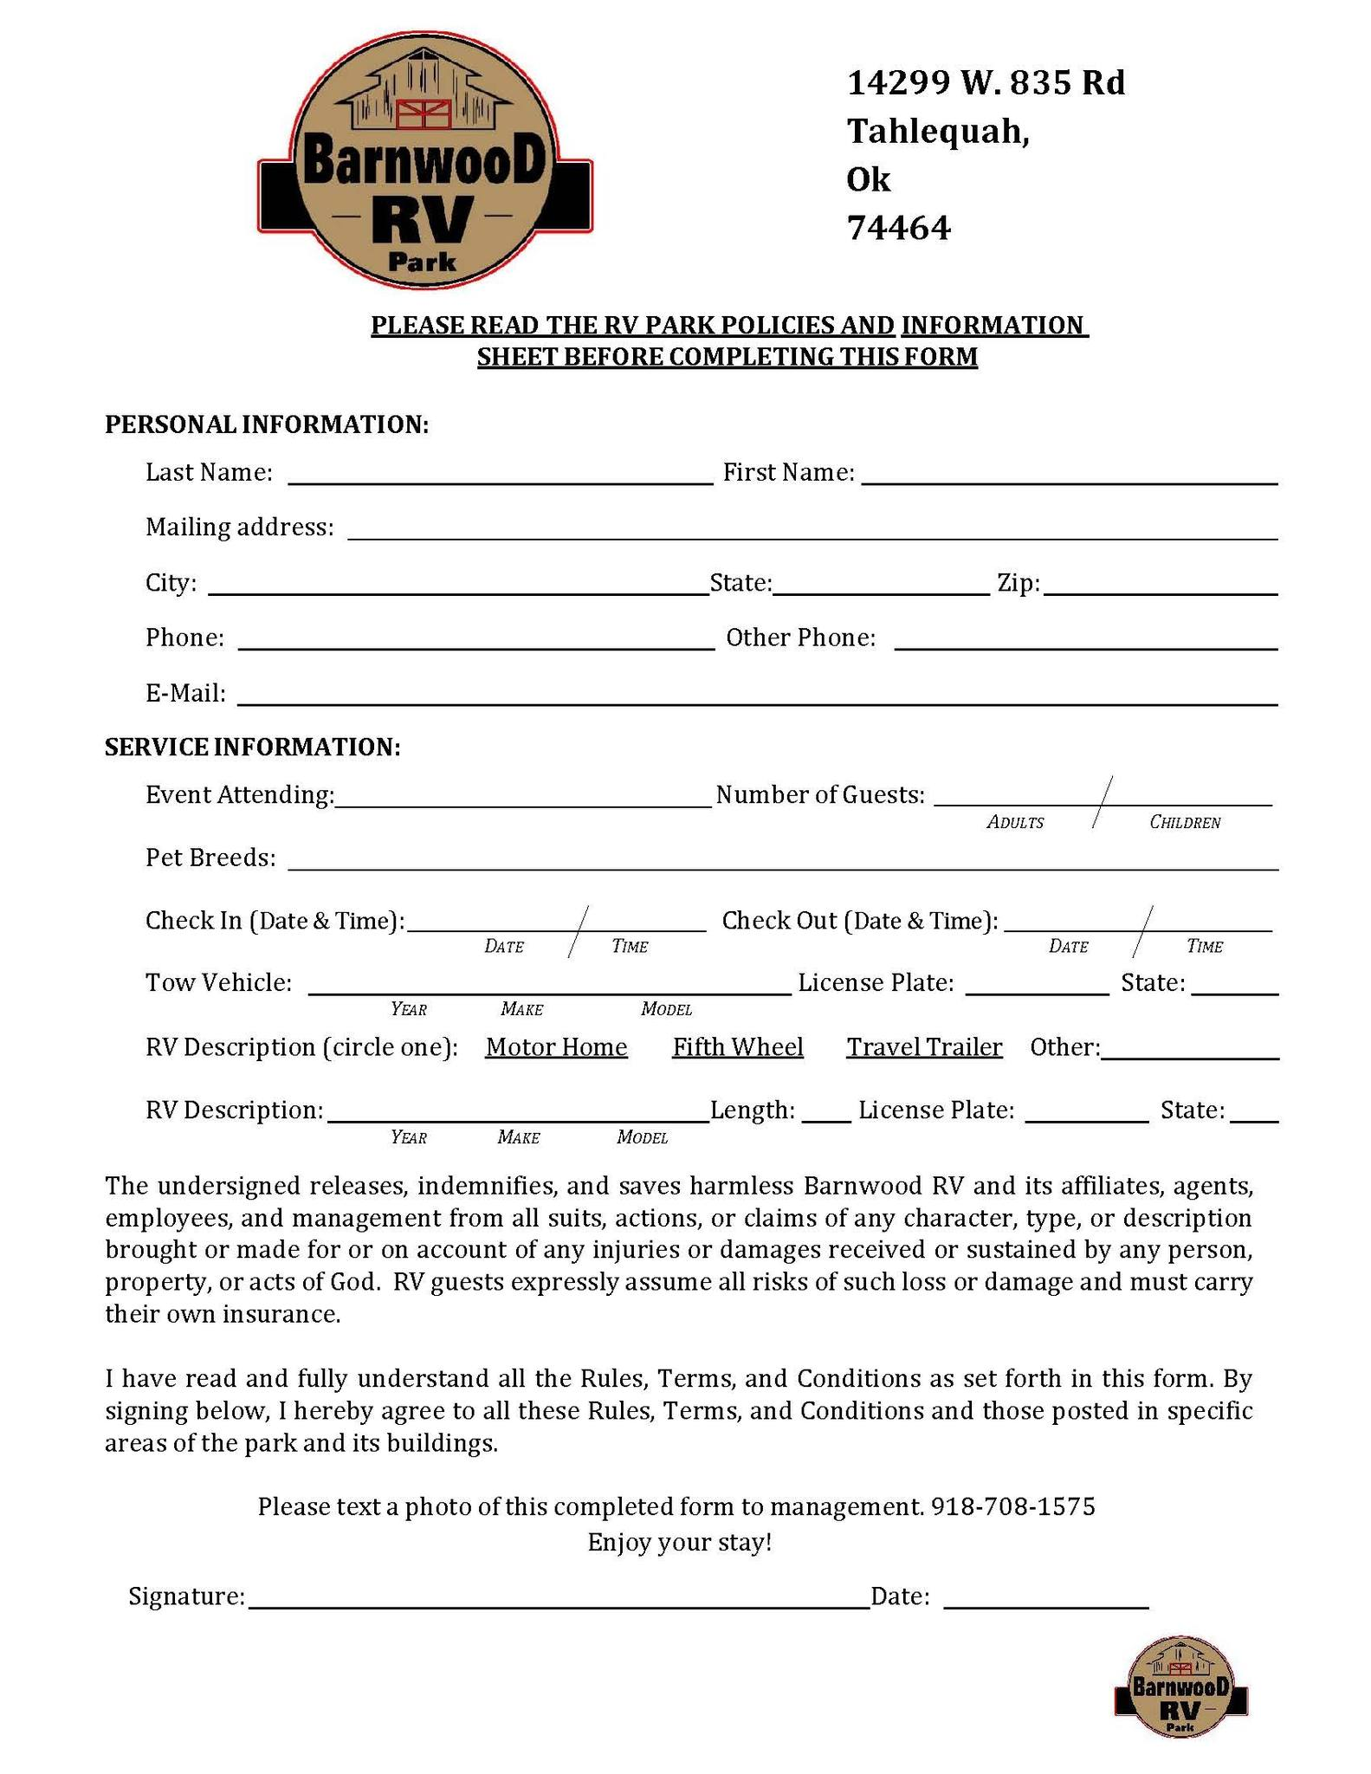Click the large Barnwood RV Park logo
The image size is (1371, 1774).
point(424,160)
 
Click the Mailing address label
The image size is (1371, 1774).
point(239,527)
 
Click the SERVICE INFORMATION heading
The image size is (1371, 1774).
point(252,747)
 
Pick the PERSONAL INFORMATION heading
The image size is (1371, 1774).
point(267,424)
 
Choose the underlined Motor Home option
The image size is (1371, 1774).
point(556,1047)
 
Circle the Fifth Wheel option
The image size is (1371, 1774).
point(738,1047)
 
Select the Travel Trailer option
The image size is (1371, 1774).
point(924,1047)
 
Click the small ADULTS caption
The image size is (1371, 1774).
point(1015,823)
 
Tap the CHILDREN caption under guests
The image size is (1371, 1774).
point(1185,823)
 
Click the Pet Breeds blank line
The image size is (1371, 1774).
point(782,864)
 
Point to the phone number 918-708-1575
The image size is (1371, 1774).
point(1012,1506)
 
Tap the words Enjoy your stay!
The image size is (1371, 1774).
point(679,1543)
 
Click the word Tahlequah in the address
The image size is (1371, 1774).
point(937,132)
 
